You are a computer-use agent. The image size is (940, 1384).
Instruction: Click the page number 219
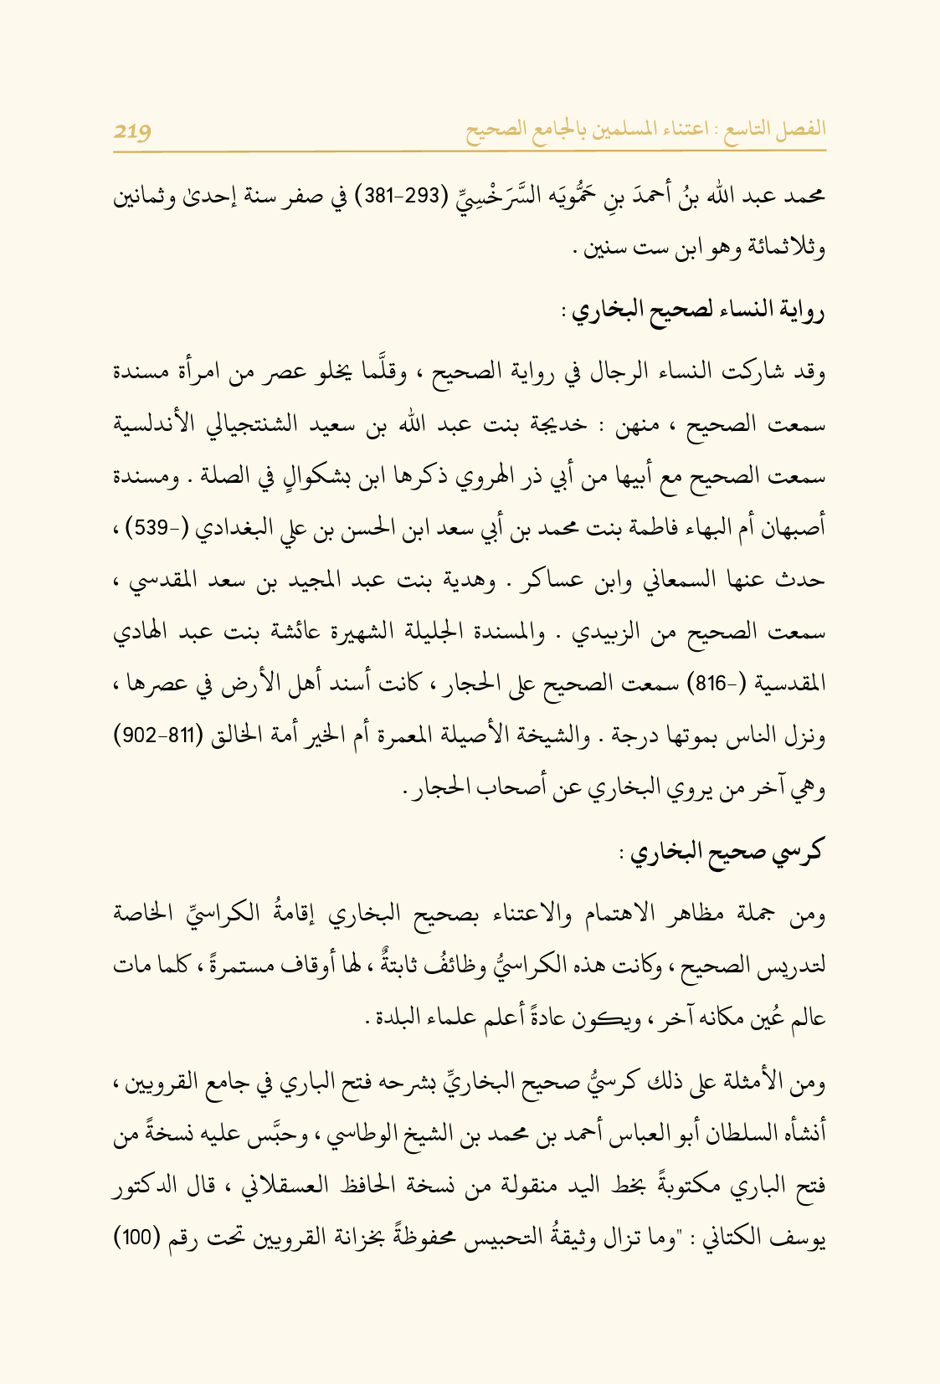pyautogui.click(x=132, y=131)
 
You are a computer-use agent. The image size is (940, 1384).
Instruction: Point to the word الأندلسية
pyautogui.click(x=159, y=426)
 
